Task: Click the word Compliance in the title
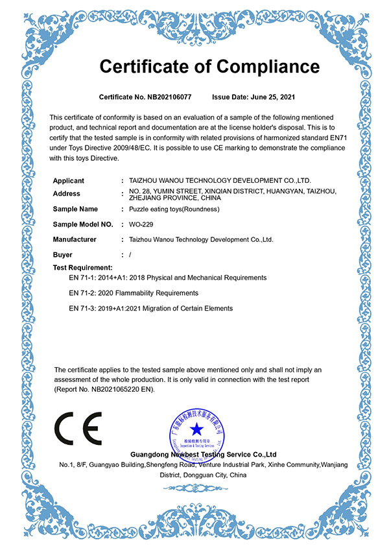(x=268, y=66)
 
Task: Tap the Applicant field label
(x=68, y=180)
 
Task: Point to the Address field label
(x=67, y=194)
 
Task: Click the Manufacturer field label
(x=75, y=239)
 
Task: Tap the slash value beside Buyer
(x=130, y=255)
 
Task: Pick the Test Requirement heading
(x=82, y=267)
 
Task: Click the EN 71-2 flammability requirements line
(x=134, y=293)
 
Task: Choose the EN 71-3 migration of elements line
(x=150, y=309)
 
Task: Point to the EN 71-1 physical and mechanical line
(x=167, y=278)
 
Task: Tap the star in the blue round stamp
(x=196, y=429)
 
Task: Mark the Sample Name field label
(x=75, y=209)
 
